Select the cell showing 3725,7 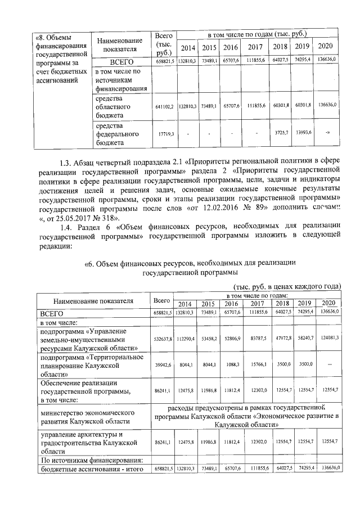(x=280, y=133)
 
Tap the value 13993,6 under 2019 (x=303, y=133)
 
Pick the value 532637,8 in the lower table (x=163, y=339)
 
